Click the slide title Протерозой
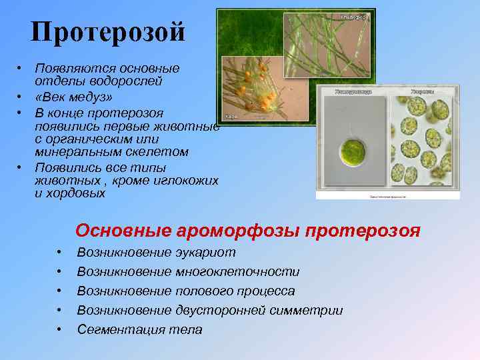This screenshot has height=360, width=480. pos(107,31)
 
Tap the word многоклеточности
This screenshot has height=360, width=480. pos(237,272)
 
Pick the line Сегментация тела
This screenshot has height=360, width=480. pos(139,329)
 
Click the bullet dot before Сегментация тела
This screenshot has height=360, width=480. pos(59,329)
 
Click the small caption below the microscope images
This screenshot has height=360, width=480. pos(387,197)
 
